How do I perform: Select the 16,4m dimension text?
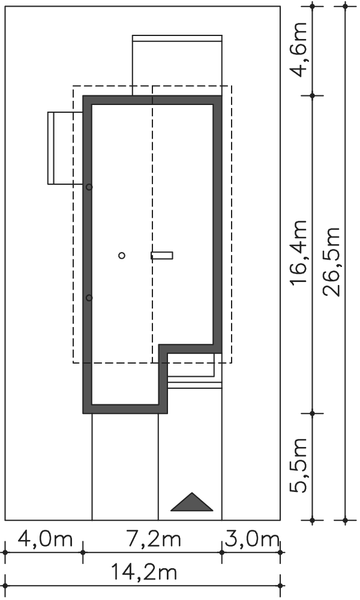click(x=299, y=251)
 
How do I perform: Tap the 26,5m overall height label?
click(x=331, y=262)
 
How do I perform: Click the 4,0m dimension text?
click(x=45, y=539)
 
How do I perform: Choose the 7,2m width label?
click(x=153, y=539)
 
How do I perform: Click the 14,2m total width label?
click(x=144, y=573)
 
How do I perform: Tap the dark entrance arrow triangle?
click(x=191, y=502)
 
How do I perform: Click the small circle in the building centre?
click(x=122, y=255)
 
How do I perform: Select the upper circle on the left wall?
click(x=89, y=187)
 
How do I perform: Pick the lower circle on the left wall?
click(x=89, y=298)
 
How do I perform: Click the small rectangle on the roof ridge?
click(x=162, y=255)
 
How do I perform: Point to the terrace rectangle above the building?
click(x=177, y=65)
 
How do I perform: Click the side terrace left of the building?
click(x=65, y=148)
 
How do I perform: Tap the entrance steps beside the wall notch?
click(x=195, y=371)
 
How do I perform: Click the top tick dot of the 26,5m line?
click(x=345, y=6)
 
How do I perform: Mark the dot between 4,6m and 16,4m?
click(x=313, y=95)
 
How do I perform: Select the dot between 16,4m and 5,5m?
click(x=313, y=413)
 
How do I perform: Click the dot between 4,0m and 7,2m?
click(x=83, y=552)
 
